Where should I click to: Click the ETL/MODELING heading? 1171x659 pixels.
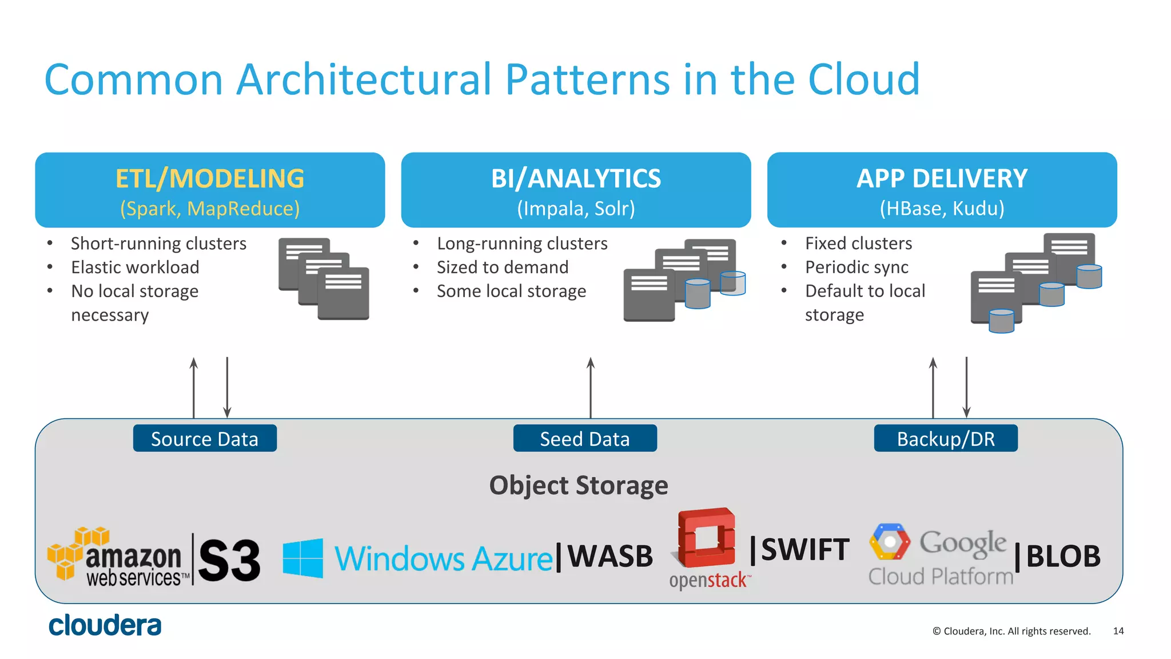[x=210, y=178]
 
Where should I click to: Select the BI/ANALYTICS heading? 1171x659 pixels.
[x=576, y=178]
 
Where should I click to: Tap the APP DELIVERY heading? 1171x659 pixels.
[x=942, y=178]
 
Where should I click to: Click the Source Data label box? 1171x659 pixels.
[x=205, y=438]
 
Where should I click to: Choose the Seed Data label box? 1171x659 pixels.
[x=585, y=438]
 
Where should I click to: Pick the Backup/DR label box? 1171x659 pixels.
[x=946, y=438]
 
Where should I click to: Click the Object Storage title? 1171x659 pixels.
[x=579, y=485]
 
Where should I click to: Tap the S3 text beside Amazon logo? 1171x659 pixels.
[x=229, y=560]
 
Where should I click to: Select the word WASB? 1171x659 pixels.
[x=610, y=556]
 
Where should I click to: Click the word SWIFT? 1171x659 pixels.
[x=805, y=549]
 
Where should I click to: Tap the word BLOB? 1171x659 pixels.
[x=1063, y=556]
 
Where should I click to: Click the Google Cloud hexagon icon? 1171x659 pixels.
[x=889, y=542]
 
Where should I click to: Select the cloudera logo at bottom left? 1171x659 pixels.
[x=105, y=625]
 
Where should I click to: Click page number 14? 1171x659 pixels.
[x=1118, y=631]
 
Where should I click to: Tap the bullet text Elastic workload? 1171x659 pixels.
[x=135, y=267]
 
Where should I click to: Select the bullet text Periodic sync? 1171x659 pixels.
[x=857, y=267]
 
